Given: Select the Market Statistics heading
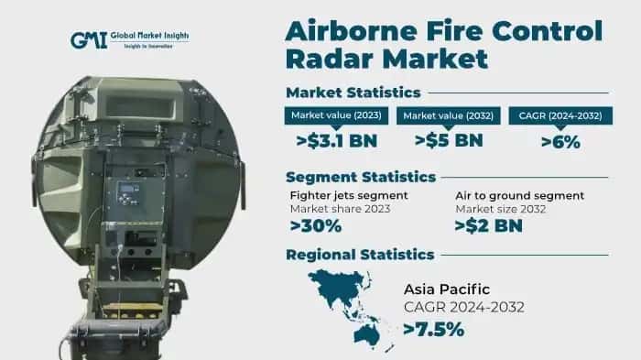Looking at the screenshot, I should pos(353,92).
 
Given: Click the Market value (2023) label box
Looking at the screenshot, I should pos(336,115).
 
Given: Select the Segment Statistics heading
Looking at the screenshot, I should pos(359,176).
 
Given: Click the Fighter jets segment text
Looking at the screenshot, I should pos(349,195).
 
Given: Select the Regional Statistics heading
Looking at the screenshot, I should pos(360,254).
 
